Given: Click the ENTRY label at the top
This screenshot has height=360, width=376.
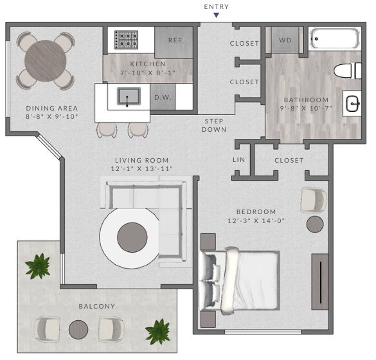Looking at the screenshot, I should (x=216, y=6).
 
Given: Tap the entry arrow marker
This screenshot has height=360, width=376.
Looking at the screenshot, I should (x=216, y=15).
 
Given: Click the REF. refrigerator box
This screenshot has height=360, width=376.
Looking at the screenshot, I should (x=175, y=40).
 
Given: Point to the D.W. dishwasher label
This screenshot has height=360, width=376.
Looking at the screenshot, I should (x=161, y=97).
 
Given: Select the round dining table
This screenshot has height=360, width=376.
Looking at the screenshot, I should (x=45, y=60).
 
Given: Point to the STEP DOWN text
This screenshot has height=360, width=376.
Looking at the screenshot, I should (x=215, y=125).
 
